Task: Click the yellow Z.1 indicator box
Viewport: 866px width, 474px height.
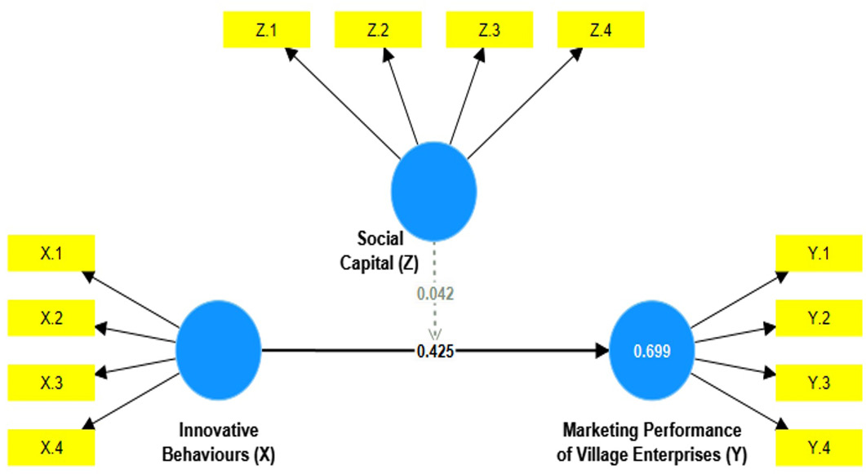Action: pyautogui.click(x=266, y=30)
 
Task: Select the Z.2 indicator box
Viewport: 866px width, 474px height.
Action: pyautogui.click(x=378, y=30)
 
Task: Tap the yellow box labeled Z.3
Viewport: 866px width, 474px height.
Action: pyautogui.click(x=490, y=30)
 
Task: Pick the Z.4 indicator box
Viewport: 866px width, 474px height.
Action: pyautogui.click(x=601, y=30)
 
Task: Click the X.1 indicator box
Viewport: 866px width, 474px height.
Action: pyautogui.click(x=51, y=253)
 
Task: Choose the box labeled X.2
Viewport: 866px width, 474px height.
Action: pyautogui.click(x=51, y=318)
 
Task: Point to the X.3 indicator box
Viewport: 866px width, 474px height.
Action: pyautogui.click(x=51, y=383)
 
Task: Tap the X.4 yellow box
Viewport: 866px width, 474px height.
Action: pyautogui.click(x=51, y=448)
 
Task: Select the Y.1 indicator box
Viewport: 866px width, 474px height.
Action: pyautogui.click(x=819, y=253)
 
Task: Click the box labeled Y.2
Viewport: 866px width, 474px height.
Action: pyautogui.click(x=819, y=318)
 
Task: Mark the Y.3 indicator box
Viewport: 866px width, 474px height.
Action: pyautogui.click(x=819, y=383)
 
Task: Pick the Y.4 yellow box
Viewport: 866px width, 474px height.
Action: pyautogui.click(x=819, y=448)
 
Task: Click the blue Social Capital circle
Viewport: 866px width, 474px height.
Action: pyautogui.click(x=433, y=192)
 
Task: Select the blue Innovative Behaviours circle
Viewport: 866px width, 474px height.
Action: pyautogui.click(x=218, y=350)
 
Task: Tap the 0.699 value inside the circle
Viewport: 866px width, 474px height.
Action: pyautogui.click(x=652, y=351)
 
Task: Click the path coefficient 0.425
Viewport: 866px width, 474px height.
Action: pyautogui.click(x=435, y=351)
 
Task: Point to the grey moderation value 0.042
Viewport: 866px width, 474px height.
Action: pyautogui.click(x=435, y=294)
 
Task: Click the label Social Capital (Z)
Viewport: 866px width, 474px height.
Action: pyautogui.click(x=380, y=250)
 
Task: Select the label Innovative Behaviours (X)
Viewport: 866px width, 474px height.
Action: pyautogui.click(x=219, y=442)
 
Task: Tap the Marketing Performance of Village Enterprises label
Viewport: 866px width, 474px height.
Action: pyautogui.click(x=652, y=442)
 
